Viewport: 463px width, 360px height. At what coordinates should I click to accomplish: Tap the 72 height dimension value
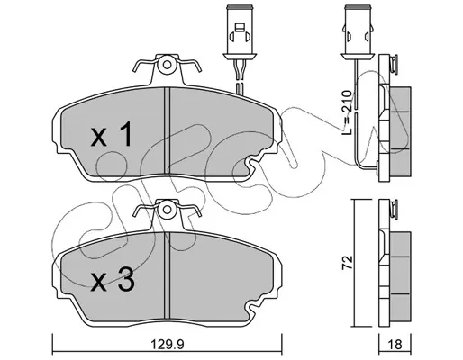[x=347, y=263]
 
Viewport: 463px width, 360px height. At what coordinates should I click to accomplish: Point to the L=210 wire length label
[x=347, y=112]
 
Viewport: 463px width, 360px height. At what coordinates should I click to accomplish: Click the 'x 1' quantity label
[x=111, y=134]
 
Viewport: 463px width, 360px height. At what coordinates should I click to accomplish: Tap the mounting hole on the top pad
[x=168, y=65]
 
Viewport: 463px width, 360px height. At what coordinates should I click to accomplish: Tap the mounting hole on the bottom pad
[x=167, y=210]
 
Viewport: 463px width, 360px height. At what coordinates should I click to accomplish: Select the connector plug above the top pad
[x=240, y=32]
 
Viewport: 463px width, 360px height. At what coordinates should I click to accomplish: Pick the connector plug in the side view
[x=357, y=32]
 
